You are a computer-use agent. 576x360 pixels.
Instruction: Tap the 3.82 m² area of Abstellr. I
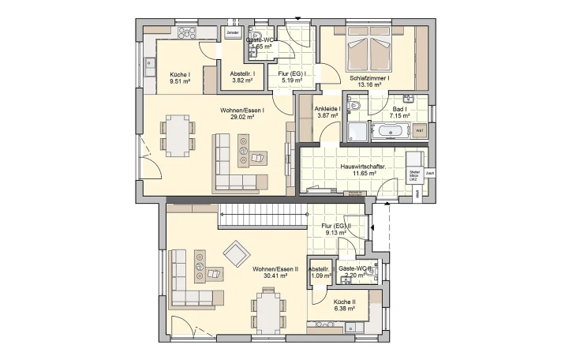(242, 80)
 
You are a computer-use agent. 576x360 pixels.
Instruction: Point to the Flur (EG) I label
(287, 73)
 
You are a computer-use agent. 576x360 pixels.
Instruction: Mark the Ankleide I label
(327, 108)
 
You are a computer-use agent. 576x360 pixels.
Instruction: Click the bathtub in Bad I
(390, 131)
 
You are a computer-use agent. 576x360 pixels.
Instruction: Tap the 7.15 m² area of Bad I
(400, 115)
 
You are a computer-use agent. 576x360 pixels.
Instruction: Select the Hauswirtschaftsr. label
(362, 167)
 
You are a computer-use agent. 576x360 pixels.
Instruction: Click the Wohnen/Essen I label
(241, 111)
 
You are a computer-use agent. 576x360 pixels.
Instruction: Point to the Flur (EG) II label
(336, 227)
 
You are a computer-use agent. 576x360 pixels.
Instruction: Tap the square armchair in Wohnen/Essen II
(236, 253)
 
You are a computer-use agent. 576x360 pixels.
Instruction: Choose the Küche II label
(344, 302)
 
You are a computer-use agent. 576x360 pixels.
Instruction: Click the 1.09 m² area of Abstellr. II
(319, 276)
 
